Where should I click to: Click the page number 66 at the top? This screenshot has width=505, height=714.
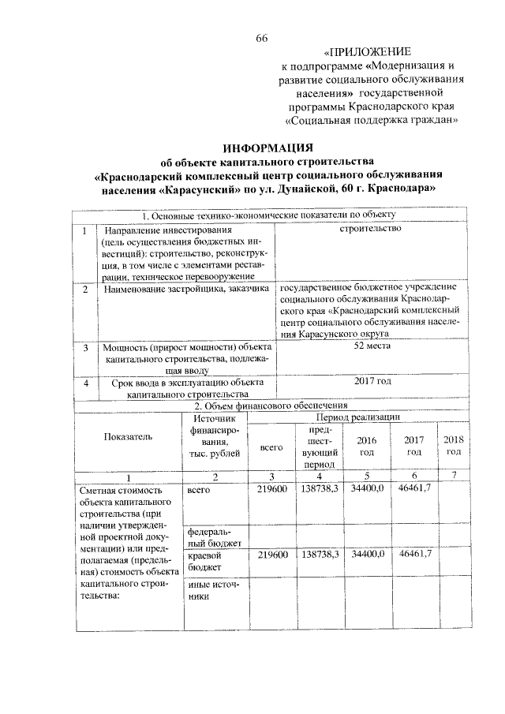pyautogui.click(x=262, y=39)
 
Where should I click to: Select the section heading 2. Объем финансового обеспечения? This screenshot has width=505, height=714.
pyautogui.click(x=269, y=405)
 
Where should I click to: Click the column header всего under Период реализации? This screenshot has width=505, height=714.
pyautogui.click(x=271, y=447)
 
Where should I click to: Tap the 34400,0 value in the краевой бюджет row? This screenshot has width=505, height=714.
pyautogui.click(x=367, y=555)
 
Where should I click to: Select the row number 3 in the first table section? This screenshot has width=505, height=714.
pyautogui.click(x=85, y=346)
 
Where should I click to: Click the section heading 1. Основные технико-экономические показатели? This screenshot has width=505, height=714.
pyautogui.click(x=268, y=215)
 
